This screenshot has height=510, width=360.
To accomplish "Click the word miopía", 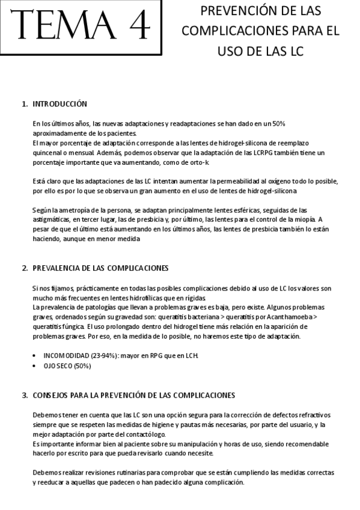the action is point(304,220).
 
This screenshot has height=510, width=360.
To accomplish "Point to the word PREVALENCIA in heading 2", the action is point(57,268).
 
